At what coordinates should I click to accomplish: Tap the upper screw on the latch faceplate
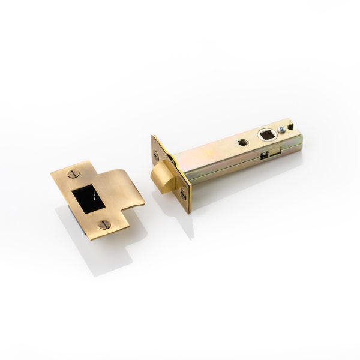157,154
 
